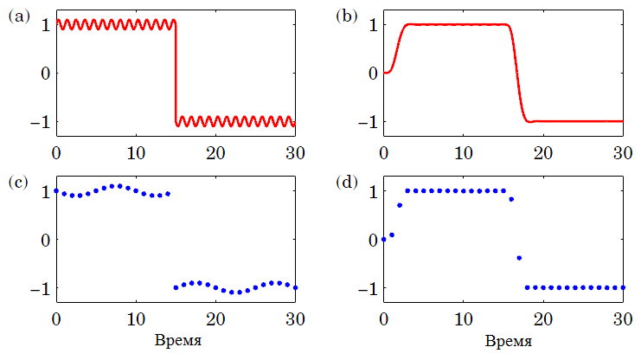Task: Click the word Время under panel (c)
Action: point(176,340)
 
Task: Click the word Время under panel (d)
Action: point(503,340)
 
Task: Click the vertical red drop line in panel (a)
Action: point(176,73)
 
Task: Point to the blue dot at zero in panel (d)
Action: point(384,239)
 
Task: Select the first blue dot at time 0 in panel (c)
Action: point(56,190)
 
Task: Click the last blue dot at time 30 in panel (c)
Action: point(295,287)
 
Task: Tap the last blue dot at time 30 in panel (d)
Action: point(623,287)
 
